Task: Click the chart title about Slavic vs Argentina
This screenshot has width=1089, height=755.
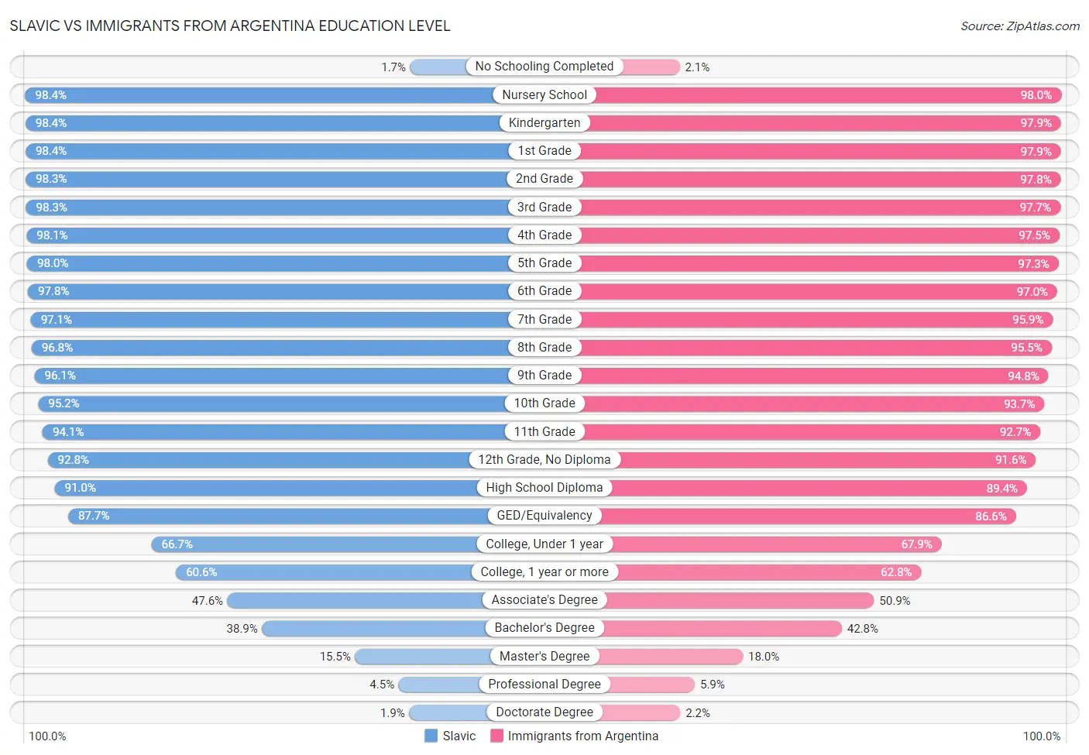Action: (x=230, y=26)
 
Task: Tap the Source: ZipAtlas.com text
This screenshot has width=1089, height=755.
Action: (x=1019, y=26)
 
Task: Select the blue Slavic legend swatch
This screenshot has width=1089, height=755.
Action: (x=431, y=736)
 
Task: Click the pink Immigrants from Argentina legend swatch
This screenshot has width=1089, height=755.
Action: (x=496, y=736)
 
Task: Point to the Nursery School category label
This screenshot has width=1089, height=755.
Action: (x=544, y=94)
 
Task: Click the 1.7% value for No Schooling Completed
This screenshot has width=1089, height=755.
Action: (x=393, y=67)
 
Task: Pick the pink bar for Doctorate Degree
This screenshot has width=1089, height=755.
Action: (x=640, y=712)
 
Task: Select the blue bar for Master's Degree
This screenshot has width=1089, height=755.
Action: (x=423, y=657)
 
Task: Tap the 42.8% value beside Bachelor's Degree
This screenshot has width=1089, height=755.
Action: (x=862, y=629)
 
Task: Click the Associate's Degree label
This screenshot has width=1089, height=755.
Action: (x=544, y=600)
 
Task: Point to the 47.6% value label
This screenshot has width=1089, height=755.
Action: (x=208, y=601)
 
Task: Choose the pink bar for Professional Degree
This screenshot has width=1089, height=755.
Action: (x=652, y=685)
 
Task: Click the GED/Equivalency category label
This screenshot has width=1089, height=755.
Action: (x=544, y=516)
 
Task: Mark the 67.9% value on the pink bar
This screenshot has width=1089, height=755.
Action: (x=916, y=544)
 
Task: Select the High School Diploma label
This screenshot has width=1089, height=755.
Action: (x=544, y=488)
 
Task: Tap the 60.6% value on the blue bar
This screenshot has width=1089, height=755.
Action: (x=201, y=572)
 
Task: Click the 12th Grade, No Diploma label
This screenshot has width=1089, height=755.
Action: (x=544, y=460)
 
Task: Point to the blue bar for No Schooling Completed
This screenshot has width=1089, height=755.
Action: (x=438, y=67)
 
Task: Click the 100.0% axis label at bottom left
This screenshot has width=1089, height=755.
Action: (x=47, y=736)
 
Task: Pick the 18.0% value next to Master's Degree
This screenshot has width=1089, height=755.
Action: (x=764, y=657)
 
